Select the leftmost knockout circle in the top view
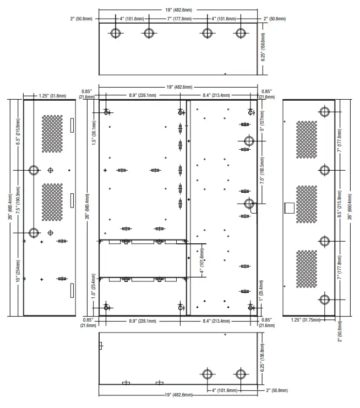pyautogui.click(x=115, y=33)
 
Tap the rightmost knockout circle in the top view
pyautogui.click(x=239, y=33)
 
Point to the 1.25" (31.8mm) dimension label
pyautogui.click(x=52, y=96)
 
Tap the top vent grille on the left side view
pyautogui.click(x=53, y=134)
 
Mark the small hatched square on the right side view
pyautogui.click(x=287, y=208)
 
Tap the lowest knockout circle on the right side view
pyautogui.click(x=324, y=300)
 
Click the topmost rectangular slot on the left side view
pyautogui.click(x=71, y=125)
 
